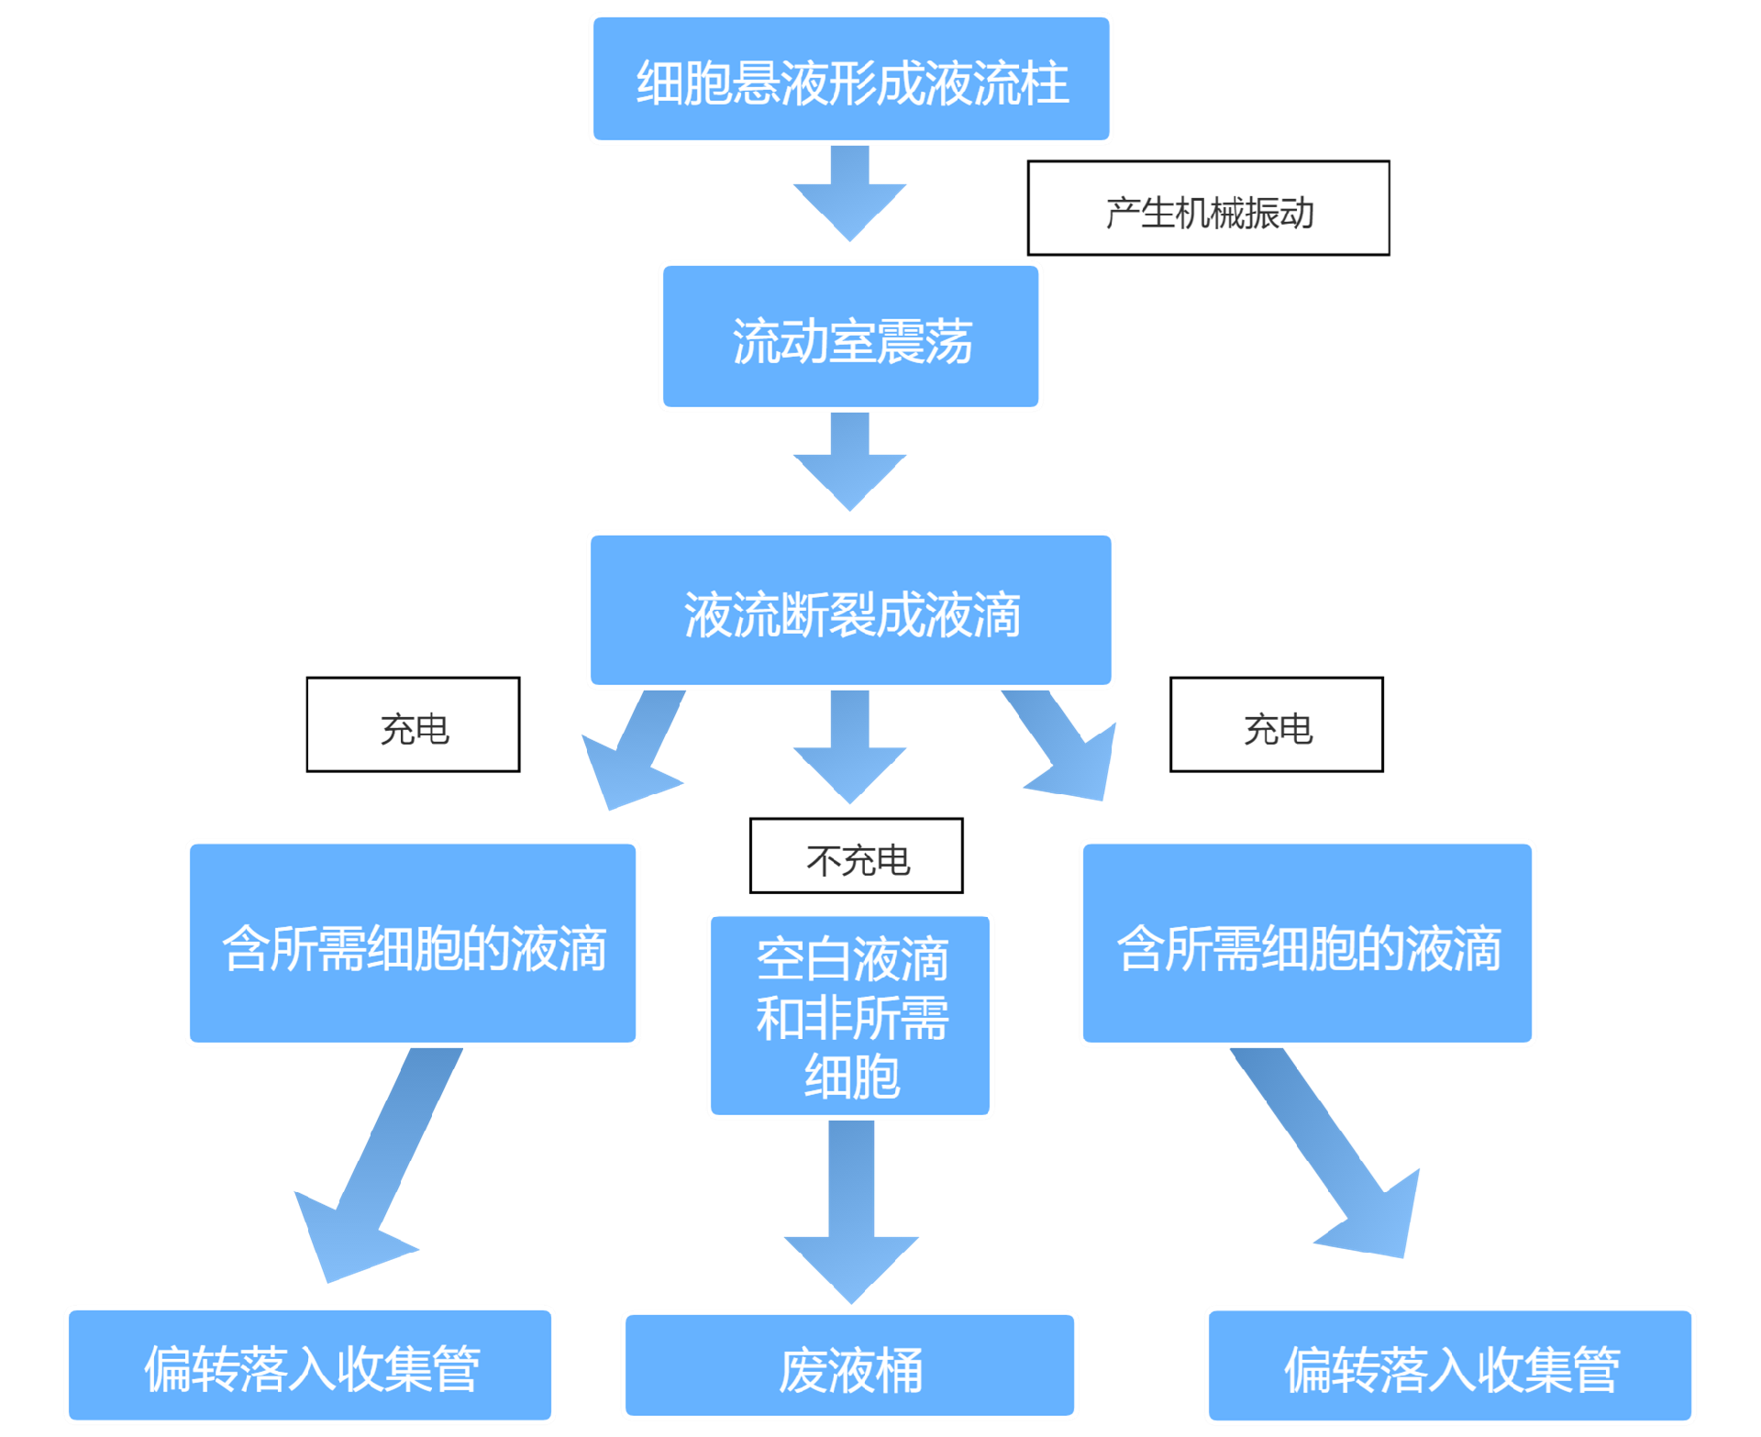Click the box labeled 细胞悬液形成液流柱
click(x=851, y=79)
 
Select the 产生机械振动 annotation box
click(x=1208, y=208)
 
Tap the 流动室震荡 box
click(x=850, y=337)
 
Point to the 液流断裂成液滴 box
click(x=850, y=610)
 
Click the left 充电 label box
click(x=413, y=724)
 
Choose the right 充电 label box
click(x=1276, y=724)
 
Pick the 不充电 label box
click(x=856, y=856)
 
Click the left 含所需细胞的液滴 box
click(x=413, y=943)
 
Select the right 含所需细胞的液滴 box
click(x=1307, y=943)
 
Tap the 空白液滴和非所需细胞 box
click(x=850, y=1015)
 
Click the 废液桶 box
click(x=849, y=1365)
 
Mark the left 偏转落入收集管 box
click(x=310, y=1365)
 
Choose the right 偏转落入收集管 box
click(x=1449, y=1365)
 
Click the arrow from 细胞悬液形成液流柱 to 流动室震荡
click(x=849, y=193)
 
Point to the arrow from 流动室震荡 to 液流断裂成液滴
click(x=849, y=461)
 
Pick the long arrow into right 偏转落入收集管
click(x=1325, y=1152)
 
